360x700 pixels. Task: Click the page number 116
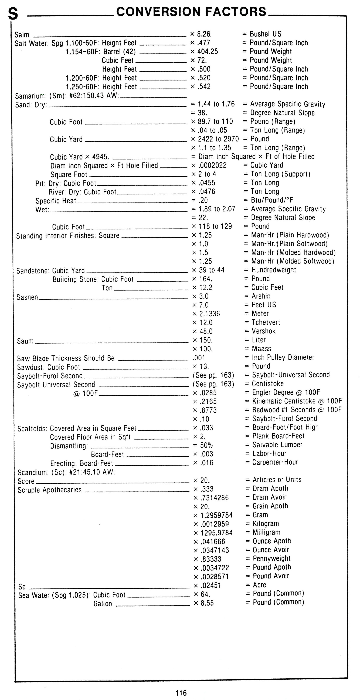181,693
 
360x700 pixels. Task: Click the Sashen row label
27,297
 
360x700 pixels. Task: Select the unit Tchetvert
266,322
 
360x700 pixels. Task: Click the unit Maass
261,349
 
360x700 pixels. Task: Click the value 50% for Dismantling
206,445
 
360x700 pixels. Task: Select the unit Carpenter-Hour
275,462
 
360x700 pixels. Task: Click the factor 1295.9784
216,533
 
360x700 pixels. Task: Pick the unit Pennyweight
271,558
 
